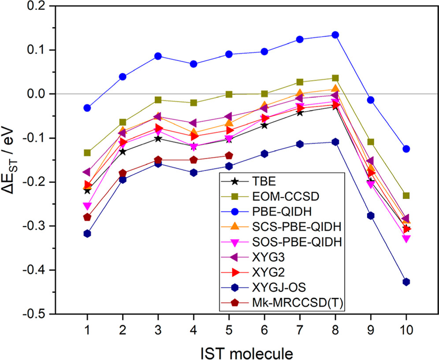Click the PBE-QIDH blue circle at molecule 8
click(335, 35)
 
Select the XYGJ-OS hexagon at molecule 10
click(406, 282)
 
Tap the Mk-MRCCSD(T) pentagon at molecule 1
click(87, 217)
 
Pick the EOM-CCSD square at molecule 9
click(371, 142)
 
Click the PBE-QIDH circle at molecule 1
click(87, 108)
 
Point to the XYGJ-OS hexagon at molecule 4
click(193, 173)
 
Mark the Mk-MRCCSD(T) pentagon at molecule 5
click(229, 156)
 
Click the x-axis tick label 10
click(406, 328)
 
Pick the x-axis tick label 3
click(158, 328)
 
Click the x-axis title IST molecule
click(246, 352)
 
